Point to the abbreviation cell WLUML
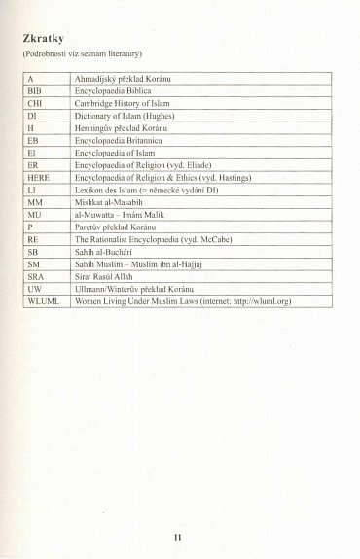[43, 301]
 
